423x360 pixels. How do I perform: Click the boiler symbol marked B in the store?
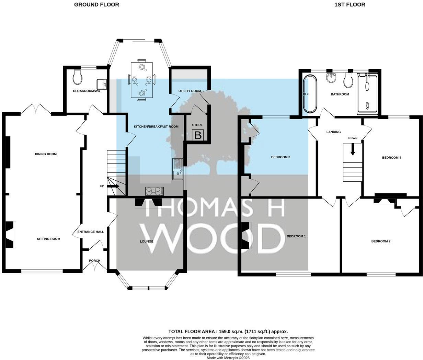pyautogui.click(x=198, y=135)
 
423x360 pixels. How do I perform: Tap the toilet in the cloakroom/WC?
pyautogui.click(x=78, y=78)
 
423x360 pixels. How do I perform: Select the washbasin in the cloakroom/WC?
pyautogui.click(x=102, y=83)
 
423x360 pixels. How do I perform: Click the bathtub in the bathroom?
pyautogui.click(x=310, y=94)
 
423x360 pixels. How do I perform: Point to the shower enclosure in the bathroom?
pyautogui.click(x=367, y=94)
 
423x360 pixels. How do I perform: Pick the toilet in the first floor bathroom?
pyautogui.click(x=348, y=81)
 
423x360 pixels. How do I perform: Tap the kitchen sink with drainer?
pyautogui.click(x=178, y=169)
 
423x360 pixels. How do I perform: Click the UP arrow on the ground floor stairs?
pyautogui.click(x=114, y=187)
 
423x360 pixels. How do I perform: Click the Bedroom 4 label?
pyautogui.click(x=391, y=158)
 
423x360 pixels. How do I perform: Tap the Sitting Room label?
pyautogui.click(x=48, y=239)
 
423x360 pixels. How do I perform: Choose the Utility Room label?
pyautogui.click(x=190, y=91)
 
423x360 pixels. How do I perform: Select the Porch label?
pyautogui.click(x=95, y=261)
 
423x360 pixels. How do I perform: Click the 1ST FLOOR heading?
pyautogui.click(x=350, y=4)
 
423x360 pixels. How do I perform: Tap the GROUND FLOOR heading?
pyautogui.click(x=96, y=4)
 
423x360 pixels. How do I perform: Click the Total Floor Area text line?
pyautogui.click(x=228, y=331)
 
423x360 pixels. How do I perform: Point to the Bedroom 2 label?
pyautogui.click(x=381, y=241)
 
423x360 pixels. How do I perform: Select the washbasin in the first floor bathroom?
pyautogui.click(x=331, y=78)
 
